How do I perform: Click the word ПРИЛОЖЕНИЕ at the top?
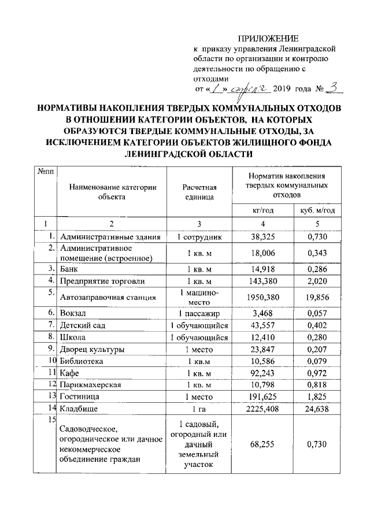pyautogui.click(x=269, y=39)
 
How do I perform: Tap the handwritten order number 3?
pyautogui.click(x=334, y=88)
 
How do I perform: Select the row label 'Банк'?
pyautogui.click(x=69, y=269)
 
